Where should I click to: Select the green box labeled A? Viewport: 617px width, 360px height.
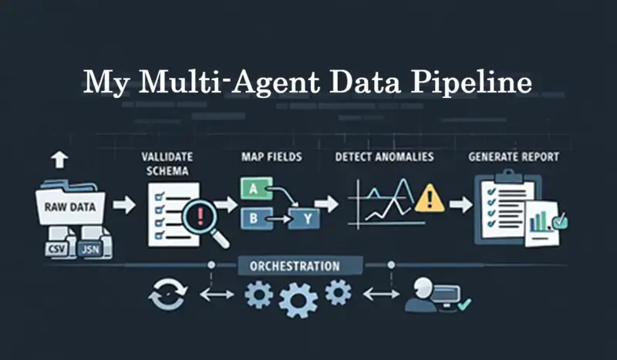coord(254,189)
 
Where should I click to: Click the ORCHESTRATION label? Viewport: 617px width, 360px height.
coord(294,267)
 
